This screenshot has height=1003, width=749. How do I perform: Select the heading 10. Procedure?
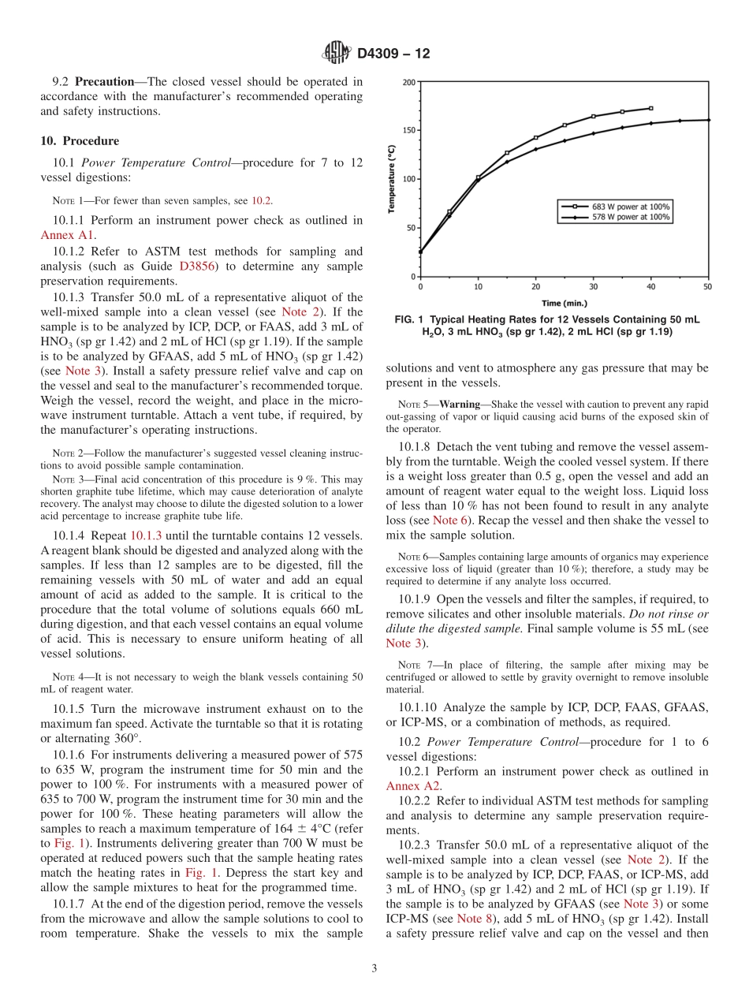(x=80, y=141)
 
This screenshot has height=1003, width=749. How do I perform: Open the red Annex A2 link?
(x=412, y=786)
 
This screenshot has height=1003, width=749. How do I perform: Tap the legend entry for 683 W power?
(x=615, y=207)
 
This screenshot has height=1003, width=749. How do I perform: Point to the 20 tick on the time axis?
(x=535, y=287)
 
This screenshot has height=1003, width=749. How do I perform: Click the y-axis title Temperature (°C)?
(x=392, y=179)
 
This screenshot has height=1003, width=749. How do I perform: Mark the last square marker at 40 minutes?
(x=650, y=108)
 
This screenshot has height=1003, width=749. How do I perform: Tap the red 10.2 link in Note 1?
(x=262, y=201)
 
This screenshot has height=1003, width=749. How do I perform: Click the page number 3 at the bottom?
(x=374, y=969)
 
